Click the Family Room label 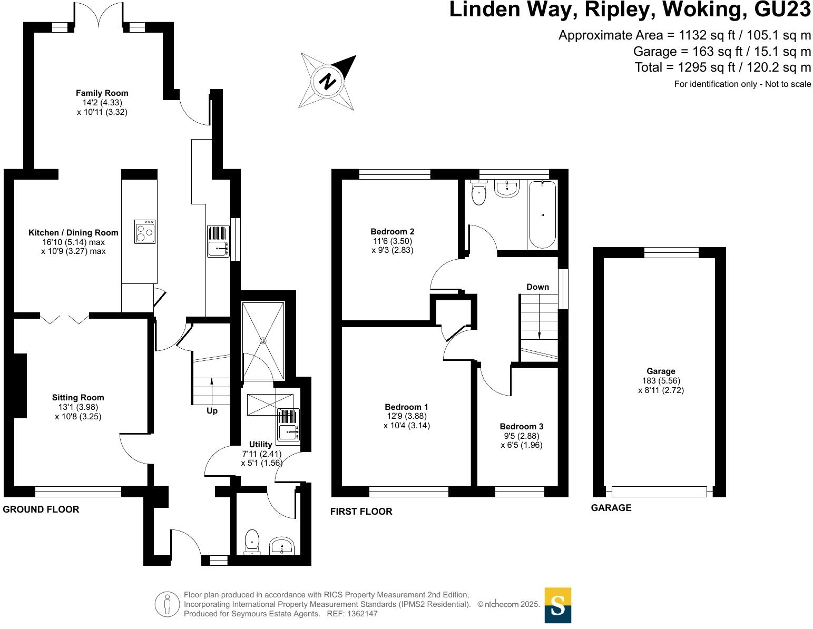pyautogui.click(x=102, y=93)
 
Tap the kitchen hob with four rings pyautogui.click(x=145, y=232)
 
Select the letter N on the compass pyautogui.click(x=328, y=82)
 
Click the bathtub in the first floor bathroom pyautogui.click(x=542, y=214)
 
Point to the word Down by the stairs pyautogui.click(x=537, y=287)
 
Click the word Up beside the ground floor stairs pyautogui.click(x=212, y=411)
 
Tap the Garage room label pyautogui.click(x=661, y=371)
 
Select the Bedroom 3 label pyautogui.click(x=521, y=427)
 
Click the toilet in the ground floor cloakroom pyautogui.click(x=252, y=542)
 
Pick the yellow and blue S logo pyautogui.click(x=557, y=605)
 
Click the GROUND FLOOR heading pyautogui.click(x=41, y=509)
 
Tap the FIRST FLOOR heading pyautogui.click(x=361, y=512)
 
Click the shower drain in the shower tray pyautogui.click(x=263, y=341)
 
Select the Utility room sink pyautogui.click(x=288, y=425)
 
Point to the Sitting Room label pyautogui.click(x=78, y=398)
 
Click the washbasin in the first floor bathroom pyautogui.click(x=507, y=188)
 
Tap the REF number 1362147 pyautogui.click(x=360, y=614)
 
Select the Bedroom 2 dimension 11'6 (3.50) pyautogui.click(x=392, y=241)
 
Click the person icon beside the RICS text pyautogui.click(x=168, y=604)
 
